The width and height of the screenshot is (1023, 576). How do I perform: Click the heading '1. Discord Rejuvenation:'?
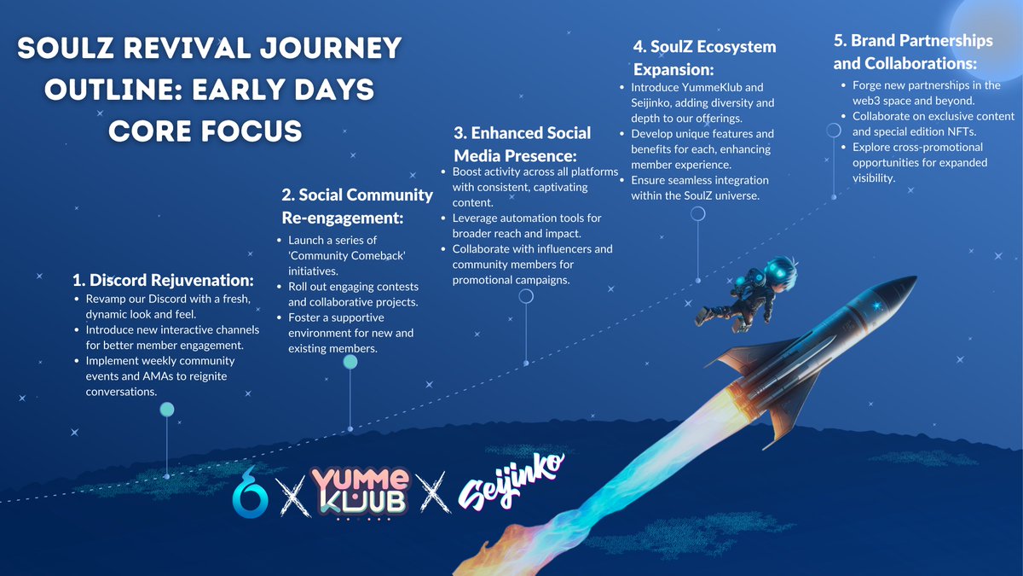point(163,280)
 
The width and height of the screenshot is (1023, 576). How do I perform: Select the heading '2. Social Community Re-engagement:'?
point(357,207)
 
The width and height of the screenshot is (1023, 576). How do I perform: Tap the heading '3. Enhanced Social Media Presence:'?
point(522,144)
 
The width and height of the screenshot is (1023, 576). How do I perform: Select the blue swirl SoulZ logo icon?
point(250,493)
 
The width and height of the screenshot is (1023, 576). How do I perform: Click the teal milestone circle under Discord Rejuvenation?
point(167,410)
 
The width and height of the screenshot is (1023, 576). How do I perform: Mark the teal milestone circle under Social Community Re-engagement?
point(350,362)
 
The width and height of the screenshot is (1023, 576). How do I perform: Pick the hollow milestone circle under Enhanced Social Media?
point(526,296)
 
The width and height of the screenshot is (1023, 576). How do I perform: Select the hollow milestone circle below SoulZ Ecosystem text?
point(698,213)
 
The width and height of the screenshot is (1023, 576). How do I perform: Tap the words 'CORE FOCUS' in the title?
point(205,131)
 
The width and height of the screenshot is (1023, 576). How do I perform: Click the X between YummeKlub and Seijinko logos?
point(435,493)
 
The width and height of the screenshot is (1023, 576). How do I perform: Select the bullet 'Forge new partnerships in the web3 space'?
point(926,93)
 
